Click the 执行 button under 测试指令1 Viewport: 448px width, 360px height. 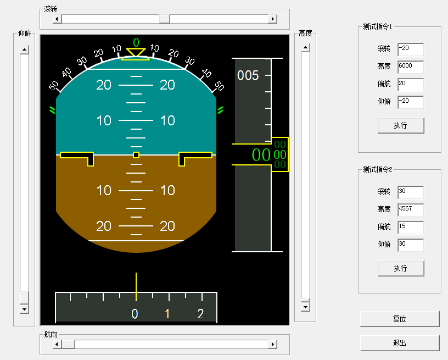[401, 125]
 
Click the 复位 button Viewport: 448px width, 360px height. [400, 319]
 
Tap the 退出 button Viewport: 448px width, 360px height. [400, 343]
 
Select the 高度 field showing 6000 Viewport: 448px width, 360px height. [411, 67]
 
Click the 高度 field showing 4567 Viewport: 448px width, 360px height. [411, 210]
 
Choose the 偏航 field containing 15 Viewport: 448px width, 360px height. [411, 228]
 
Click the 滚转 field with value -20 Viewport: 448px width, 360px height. [411, 49]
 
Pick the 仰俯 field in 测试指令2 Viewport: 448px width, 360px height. [411, 245]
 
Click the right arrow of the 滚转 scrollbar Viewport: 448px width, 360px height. [272, 19]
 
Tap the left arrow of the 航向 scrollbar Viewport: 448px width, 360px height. [57, 344]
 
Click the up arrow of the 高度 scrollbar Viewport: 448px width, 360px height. [305, 47]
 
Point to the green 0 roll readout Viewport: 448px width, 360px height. [136, 43]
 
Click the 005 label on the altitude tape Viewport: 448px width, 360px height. [248, 75]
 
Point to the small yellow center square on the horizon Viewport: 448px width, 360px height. [136, 155]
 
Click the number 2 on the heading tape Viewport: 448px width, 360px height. [200, 314]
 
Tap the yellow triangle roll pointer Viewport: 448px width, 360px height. [136, 52]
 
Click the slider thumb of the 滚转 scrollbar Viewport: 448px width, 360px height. [165, 19]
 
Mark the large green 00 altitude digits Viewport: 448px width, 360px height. [261, 155]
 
